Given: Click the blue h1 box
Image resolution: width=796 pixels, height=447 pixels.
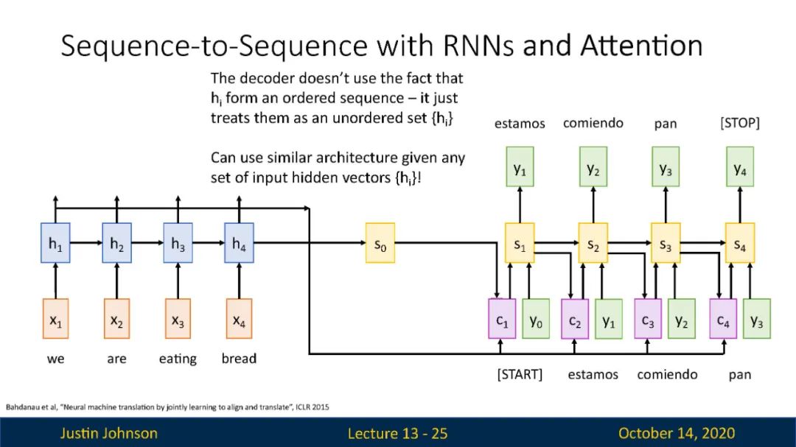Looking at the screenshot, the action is click(x=55, y=243).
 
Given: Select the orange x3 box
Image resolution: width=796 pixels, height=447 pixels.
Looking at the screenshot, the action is click(x=178, y=319).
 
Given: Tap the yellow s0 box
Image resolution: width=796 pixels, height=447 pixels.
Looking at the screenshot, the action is click(x=380, y=243).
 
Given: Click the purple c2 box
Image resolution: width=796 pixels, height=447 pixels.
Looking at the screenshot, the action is click(x=575, y=319).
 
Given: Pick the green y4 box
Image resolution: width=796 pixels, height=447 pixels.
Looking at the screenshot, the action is click(x=740, y=167).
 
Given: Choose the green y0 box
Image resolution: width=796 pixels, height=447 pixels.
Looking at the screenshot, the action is click(x=536, y=319).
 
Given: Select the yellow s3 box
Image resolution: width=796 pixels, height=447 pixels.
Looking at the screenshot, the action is click(x=666, y=243).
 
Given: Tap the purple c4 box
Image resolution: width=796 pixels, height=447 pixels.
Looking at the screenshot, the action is click(x=723, y=319).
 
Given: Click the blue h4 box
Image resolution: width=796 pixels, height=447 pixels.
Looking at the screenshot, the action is click(x=239, y=243).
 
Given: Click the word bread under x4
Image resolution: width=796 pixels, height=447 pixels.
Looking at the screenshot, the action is click(x=239, y=359).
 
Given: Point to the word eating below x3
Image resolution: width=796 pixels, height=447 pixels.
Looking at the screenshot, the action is click(x=178, y=359).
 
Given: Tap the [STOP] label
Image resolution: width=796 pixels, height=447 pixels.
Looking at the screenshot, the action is click(x=740, y=123).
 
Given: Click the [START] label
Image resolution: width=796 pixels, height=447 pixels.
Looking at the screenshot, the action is click(x=520, y=375).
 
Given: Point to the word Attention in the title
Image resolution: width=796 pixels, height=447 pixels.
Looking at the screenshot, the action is click(x=642, y=46).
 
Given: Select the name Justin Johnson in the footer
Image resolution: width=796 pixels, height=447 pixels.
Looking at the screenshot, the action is click(x=108, y=433).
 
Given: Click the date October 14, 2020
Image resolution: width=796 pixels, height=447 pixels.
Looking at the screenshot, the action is click(x=677, y=433).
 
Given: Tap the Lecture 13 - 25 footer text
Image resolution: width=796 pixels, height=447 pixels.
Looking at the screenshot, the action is click(x=397, y=433).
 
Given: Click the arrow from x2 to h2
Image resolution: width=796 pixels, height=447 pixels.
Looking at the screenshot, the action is click(x=116, y=281).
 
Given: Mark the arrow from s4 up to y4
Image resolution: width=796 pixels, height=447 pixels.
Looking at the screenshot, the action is click(x=740, y=205).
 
